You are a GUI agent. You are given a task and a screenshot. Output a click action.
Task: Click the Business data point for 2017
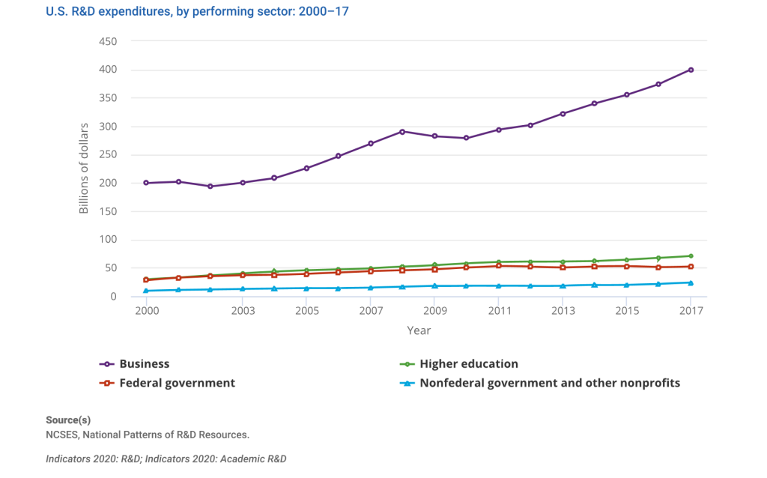[691, 70]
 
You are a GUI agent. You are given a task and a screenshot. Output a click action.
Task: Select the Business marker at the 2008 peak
[402, 132]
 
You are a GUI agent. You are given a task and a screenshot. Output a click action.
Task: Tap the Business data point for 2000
[146, 183]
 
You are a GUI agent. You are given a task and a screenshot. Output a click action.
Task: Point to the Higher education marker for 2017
[691, 256]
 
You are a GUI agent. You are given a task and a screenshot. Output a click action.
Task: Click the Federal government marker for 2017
[691, 267]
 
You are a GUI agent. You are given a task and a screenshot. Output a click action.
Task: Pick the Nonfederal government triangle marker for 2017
[691, 282]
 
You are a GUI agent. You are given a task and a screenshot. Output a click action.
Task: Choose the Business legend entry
[144, 364]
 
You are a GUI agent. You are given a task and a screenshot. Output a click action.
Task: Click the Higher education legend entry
[468, 364]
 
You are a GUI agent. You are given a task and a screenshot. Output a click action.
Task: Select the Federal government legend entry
[177, 383]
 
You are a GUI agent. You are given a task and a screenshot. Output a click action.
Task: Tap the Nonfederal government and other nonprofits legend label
[549, 383]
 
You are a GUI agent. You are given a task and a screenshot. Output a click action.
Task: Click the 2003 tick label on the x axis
[242, 311]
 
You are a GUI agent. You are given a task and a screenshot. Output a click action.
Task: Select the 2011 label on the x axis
[499, 311]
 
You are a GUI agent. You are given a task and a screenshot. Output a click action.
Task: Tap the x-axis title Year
[419, 330]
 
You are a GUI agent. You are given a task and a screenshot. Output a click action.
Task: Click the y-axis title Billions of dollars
[84, 168]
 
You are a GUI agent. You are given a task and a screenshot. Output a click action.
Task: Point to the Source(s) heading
[68, 420]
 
